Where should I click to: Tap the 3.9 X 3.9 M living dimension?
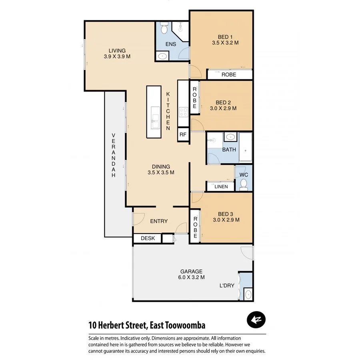pyautogui.click(x=117, y=56)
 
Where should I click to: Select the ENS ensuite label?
pyautogui.click(x=165, y=44)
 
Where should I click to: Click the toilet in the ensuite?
pyautogui.click(x=164, y=28)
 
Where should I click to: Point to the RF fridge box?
pyautogui.click(x=183, y=134)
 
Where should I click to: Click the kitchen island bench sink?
pyautogui.click(x=154, y=119)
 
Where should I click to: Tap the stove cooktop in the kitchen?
pyautogui.click(x=183, y=112)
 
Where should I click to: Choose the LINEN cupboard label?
pyautogui.click(x=221, y=187)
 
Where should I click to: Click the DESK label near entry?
pyautogui.click(x=148, y=238)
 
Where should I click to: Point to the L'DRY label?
pyautogui.click(x=226, y=286)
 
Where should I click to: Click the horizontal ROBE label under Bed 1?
pyautogui.click(x=229, y=74)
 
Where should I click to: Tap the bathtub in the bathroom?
pyautogui.click(x=245, y=147)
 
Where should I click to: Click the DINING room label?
pyautogui.click(x=161, y=167)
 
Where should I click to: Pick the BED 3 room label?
pyautogui.click(x=226, y=214)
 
